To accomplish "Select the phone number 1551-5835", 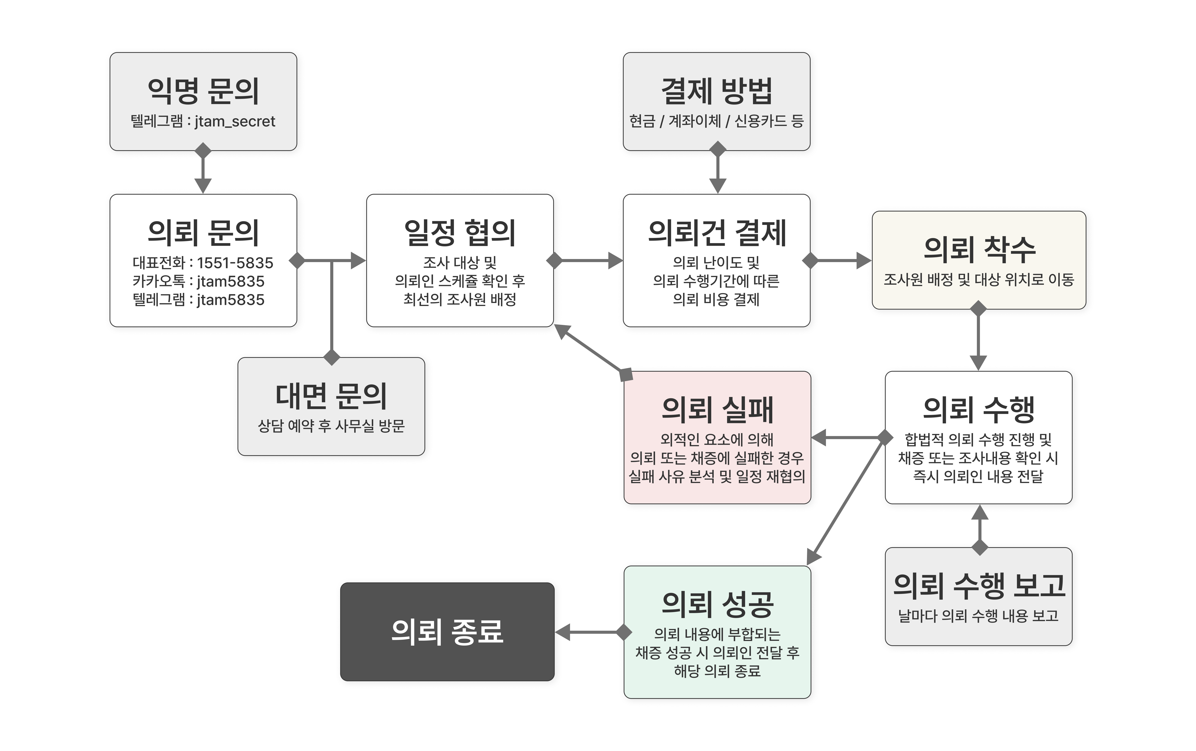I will (x=235, y=263).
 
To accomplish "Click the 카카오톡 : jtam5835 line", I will (x=198, y=281).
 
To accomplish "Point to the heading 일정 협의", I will (x=460, y=233).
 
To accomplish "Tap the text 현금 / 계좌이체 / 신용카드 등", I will (x=716, y=121).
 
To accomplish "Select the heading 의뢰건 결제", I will (x=716, y=233).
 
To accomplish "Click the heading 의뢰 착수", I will (x=979, y=249).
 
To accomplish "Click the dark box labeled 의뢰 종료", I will (x=447, y=632).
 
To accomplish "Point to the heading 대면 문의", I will (x=331, y=396).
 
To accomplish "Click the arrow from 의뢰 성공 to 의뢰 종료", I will (x=591, y=632).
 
